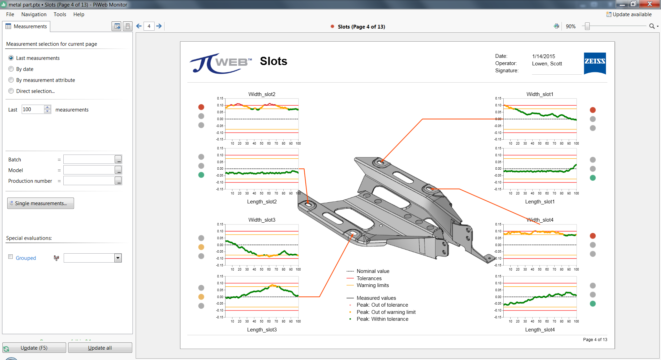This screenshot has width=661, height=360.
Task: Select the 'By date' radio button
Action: [x=11, y=69]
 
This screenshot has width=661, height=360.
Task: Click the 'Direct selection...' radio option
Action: [x=11, y=91]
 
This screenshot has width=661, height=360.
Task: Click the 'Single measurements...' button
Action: [x=41, y=203]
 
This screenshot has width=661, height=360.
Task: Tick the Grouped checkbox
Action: [x=11, y=257]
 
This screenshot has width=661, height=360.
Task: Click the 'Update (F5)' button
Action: [x=34, y=348]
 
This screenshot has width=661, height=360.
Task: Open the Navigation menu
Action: [x=34, y=14]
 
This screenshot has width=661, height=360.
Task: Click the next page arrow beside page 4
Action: [x=159, y=26]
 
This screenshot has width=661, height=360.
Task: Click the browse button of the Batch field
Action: [x=118, y=160]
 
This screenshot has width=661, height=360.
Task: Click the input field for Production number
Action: [x=89, y=181]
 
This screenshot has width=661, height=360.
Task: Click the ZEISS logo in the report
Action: [x=595, y=63]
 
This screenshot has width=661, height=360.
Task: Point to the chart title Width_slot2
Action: [x=262, y=94]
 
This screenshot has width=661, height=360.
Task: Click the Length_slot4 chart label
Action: [x=539, y=330]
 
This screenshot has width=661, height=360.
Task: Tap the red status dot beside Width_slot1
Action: [x=592, y=110]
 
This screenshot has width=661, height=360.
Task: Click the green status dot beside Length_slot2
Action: [x=201, y=175]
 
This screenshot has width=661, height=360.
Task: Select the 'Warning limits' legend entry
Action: [x=373, y=285]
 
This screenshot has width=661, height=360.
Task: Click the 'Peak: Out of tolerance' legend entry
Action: [x=382, y=305]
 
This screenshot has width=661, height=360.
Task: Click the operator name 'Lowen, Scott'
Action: [x=547, y=64]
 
